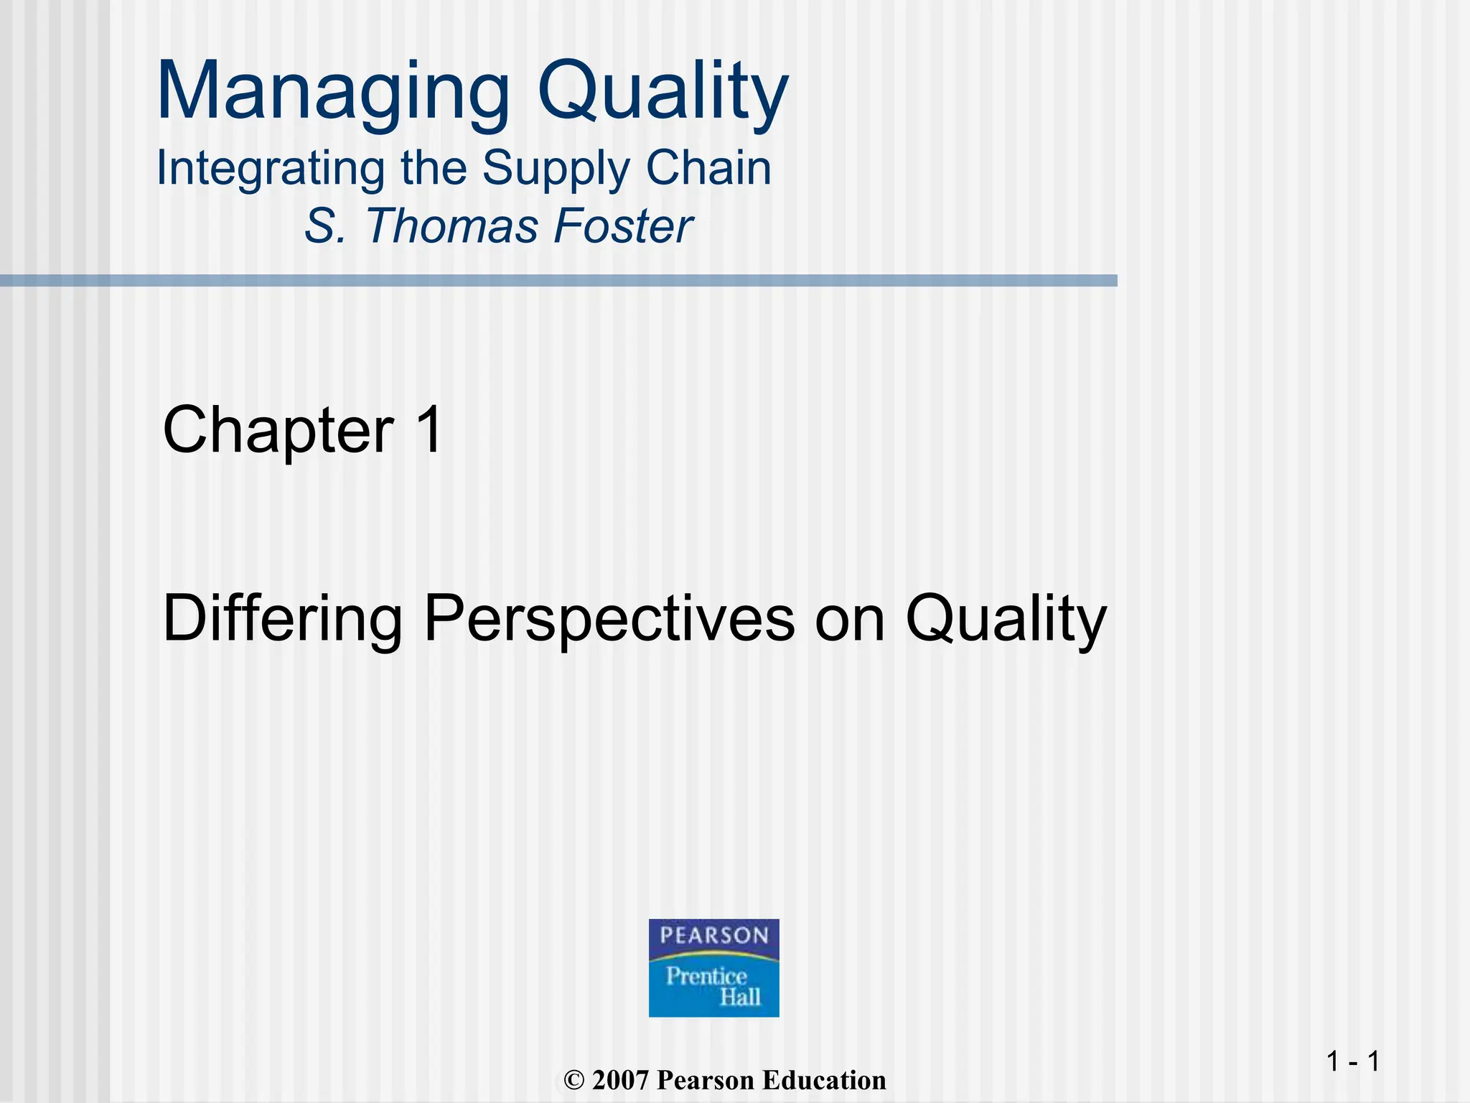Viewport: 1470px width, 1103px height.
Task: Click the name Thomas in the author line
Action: tap(452, 226)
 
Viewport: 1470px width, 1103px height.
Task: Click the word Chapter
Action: tap(278, 430)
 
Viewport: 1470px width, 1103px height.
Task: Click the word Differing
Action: tap(282, 619)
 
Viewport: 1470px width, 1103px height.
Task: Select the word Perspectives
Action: tap(609, 619)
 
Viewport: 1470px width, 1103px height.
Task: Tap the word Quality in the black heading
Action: tap(1006, 619)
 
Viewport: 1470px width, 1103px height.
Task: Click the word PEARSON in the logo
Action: tap(713, 935)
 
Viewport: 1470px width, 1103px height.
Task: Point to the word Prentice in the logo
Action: tap(706, 976)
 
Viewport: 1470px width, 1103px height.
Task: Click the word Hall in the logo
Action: tap(740, 997)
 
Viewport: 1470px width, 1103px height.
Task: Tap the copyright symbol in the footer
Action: tap(574, 1081)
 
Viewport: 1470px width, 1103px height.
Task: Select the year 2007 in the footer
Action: tap(621, 1081)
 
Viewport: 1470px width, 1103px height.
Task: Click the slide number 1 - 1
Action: tap(1352, 1061)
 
